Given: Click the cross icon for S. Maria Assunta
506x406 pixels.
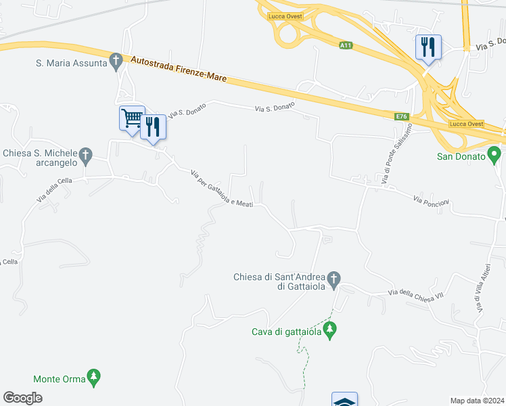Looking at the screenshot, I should pyautogui.click(x=116, y=62).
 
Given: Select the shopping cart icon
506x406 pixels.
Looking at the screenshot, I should pyautogui.click(x=132, y=118).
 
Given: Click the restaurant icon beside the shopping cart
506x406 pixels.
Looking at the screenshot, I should pyautogui.click(x=153, y=126).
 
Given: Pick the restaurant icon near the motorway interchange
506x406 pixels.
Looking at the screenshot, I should pyautogui.click(x=428, y=47).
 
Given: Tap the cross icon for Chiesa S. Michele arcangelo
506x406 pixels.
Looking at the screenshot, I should pyautogui.click(x=85, y=156).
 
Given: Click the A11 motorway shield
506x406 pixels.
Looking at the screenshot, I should pyautogui.click(x=346, y=45).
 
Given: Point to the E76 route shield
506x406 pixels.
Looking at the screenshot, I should pyautogui.click(x=402, y=117).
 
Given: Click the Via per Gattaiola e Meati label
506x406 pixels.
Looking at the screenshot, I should pyautogui.click(x=222, y=189).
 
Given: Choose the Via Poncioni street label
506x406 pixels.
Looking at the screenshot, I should pyautogui.click(x=431, y=201).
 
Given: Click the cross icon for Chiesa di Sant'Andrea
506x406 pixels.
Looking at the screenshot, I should pyautogui.click(x=333, y=278).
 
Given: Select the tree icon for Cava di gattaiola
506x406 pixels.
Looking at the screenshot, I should pyautogui.click(x=329, y=330).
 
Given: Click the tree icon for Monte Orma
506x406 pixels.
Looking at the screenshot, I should pyautogui.click(x=94, y=377).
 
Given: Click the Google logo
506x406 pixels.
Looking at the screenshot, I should pyautogui.click(x=22, y=398).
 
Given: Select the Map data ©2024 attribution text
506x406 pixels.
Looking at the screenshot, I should pyautogui.click(x=477, y=401).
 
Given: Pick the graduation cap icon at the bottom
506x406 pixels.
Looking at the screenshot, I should pyautogui.click(x=344, y=401).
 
